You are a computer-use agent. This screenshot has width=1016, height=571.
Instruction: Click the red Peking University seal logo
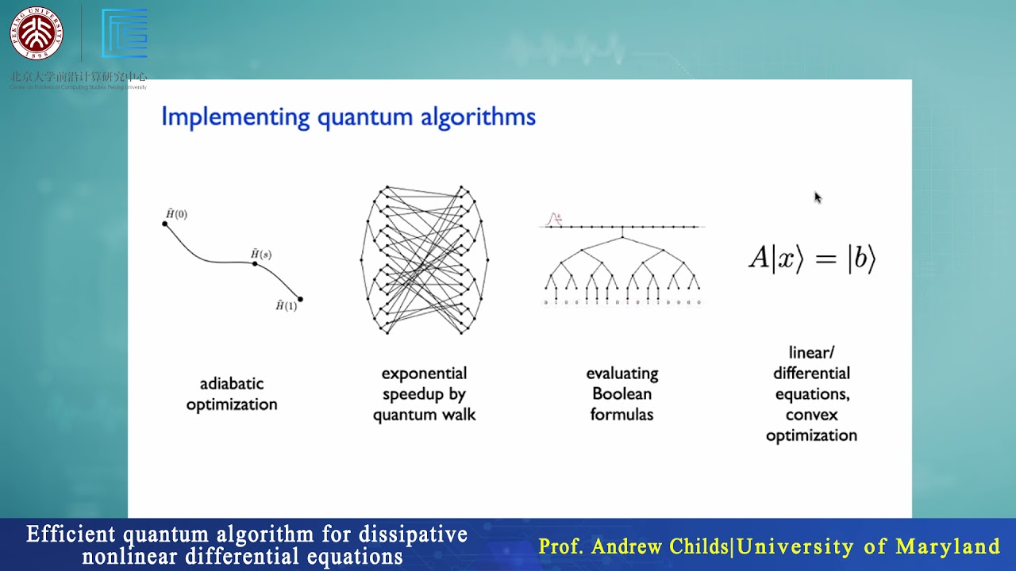click(x=36, y=33)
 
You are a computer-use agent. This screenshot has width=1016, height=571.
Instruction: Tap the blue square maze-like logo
click(x=125, y=33)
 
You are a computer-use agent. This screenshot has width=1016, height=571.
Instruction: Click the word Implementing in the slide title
click(x=235, y=117)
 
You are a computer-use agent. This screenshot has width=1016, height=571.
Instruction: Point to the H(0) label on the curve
click(x=176, y=214)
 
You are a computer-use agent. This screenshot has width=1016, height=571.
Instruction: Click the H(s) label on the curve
click(x=261, y=254)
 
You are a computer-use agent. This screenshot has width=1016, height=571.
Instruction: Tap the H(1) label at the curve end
click(x=286, y=306)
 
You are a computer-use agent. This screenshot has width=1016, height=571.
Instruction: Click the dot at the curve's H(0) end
click(x=165, y=224)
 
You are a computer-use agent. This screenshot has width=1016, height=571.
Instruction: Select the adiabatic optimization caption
click(x=232, y=394)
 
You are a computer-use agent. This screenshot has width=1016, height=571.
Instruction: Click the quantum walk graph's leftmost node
click(x=362, y=259)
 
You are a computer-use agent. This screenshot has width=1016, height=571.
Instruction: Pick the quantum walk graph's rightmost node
click(x=487, y=259)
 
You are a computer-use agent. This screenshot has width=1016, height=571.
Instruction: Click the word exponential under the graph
click(x=424, y=374)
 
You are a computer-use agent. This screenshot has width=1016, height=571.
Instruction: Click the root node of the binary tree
click(x=622, y=236)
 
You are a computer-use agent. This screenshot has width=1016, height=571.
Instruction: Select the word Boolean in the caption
click(x=622, y=394)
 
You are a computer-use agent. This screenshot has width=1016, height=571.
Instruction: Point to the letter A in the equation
click(x=759, y=259)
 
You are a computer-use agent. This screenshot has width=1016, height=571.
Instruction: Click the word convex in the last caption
click(x=811, y=415)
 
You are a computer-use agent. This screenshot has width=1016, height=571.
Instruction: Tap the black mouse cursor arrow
click(x=818, y=197)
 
